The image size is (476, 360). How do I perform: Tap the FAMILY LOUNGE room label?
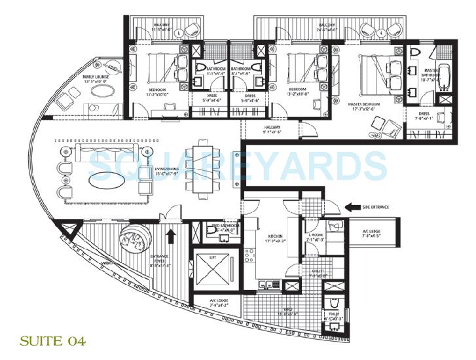click(x=96, y=79)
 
